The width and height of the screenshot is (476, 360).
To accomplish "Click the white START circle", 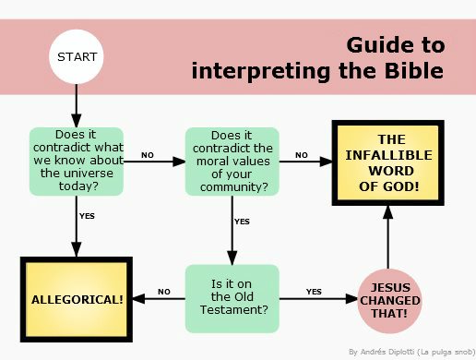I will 76,57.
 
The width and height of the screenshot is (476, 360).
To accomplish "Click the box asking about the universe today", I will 76,162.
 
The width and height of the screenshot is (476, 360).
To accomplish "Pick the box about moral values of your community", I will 232,162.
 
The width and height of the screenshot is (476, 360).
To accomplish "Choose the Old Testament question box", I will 232,298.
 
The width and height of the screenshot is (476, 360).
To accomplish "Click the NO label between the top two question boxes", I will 148,154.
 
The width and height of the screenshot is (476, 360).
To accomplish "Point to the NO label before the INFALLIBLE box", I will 302,154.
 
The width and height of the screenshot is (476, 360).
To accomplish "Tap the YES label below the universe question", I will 88,216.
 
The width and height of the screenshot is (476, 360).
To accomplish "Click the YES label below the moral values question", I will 243,222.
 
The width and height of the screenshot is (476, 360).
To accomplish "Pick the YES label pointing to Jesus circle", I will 314,292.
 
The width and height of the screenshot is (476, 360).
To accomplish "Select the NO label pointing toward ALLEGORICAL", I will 164,292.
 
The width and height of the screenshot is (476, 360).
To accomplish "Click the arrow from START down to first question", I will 76,106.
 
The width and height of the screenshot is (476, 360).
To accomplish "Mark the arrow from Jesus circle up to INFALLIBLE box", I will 388,235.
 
